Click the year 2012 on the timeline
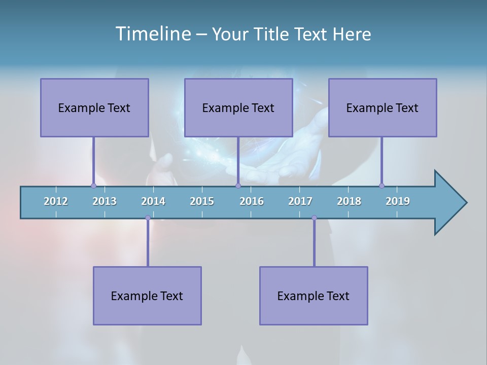coord(56,201)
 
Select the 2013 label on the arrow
coord(105,201)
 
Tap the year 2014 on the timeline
coord(153,201)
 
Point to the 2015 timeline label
coord(202,201)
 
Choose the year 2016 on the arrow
coord(252,201)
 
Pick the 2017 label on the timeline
coord(300,201)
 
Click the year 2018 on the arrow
coord(349,201)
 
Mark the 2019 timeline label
coord(398,201)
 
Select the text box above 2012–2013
coord(94,107)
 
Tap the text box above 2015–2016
coord(238,107)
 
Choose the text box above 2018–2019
coord(382,107)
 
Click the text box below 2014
coord(147,296)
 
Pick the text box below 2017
coord(314,296)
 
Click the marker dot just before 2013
coord(93,186)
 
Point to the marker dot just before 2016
coord(238,186)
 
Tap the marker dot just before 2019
coord(381,186)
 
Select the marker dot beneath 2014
coord(148,218)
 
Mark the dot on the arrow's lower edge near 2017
coord(314,218)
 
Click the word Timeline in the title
coord(152,34)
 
